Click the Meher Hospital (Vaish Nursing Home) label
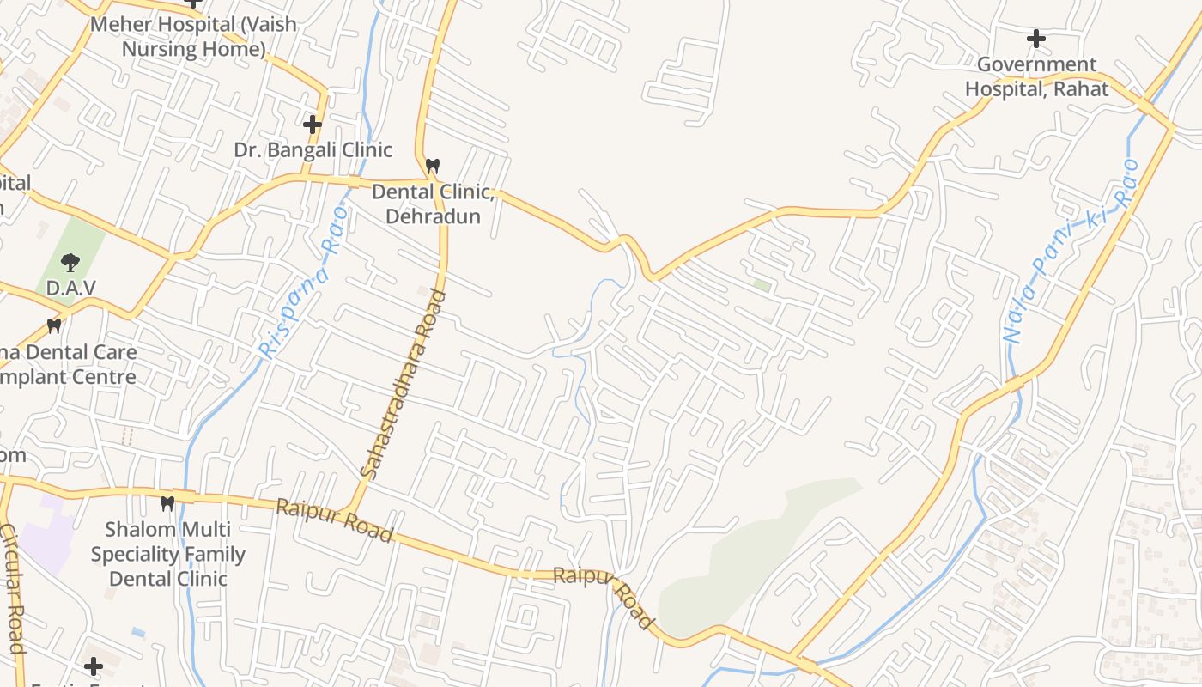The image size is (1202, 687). click(193, 36)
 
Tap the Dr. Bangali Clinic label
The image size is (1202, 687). click(313, 150)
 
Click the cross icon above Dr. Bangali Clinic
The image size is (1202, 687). click(313, 125)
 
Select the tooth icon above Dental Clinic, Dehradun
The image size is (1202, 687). click(433, 165)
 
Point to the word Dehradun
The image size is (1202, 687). click(433, 216)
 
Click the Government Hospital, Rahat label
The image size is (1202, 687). click(1036, 76)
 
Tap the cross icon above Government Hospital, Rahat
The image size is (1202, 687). click(1036, 39)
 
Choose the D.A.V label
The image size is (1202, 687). click(70, 289)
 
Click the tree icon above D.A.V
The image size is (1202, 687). click(70, 263)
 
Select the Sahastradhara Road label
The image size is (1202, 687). click(404, 384)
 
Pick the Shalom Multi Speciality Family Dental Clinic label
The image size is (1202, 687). click(168, 554)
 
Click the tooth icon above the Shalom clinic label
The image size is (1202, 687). click(167, 502)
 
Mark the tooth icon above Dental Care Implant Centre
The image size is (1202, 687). click(54, 326)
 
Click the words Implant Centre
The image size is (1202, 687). click(69, 377)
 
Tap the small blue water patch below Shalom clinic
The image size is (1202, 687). click(138, 633)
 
